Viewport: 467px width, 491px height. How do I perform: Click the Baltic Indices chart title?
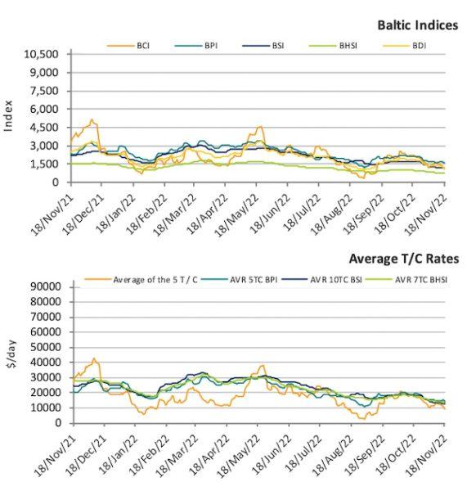tap(418, 25)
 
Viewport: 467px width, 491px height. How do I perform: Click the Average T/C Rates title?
tap(404, 259)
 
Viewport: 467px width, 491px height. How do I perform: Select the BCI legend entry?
tap(128, 46)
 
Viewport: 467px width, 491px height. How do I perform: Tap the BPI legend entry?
tap(196, 46)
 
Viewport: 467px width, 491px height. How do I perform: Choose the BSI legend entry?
tap(263, 46)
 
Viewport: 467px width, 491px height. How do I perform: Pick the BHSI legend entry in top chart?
tap(333, 46)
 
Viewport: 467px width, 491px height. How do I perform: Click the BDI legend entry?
tap(405, 46)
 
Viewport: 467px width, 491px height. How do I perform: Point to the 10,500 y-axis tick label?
tap(42, 54)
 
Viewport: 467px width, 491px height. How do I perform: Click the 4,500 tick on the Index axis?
tap(44, 128)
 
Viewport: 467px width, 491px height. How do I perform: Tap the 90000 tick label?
tap(46, 287)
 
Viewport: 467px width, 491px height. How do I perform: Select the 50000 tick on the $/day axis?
tap(46, 347)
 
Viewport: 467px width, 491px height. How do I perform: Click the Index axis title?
tap(8, 116)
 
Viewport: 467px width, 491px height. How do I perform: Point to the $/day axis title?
tap(12, 354)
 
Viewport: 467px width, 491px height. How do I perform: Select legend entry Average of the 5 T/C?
tap(141, 280)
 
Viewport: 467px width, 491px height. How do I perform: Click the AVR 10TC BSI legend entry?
tap(321, 280)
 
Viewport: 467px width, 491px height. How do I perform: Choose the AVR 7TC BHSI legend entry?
tap(406, 280)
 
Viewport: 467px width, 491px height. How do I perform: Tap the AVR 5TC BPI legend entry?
tap(240, 280)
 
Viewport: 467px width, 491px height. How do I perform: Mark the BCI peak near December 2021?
tap(92, 119)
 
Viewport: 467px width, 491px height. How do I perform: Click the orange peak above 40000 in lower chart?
tap(93, 358)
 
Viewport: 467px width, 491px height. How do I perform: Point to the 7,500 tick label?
tap(44, 91)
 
